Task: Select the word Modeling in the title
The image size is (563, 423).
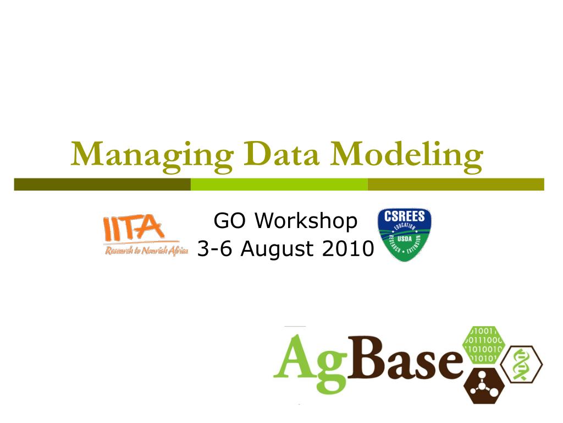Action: click(407, 156)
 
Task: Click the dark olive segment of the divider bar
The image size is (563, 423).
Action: click(102, 184)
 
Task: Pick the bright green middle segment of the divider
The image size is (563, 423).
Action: click(279, 184)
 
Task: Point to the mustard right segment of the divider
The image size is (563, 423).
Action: click(455, 184)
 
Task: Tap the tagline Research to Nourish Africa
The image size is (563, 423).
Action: click(146, 251)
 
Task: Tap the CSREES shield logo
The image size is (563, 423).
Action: click(404, 234)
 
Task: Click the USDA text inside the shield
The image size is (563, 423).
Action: click(405, 238)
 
